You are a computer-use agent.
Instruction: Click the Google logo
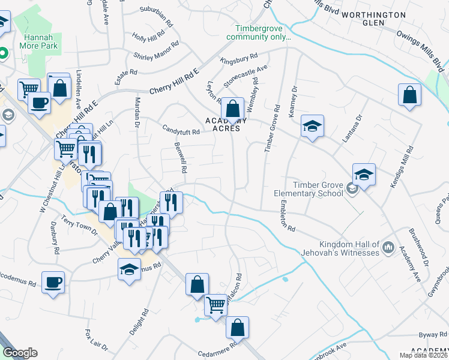coord(20,353)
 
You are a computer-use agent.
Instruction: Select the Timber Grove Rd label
coord(273,129)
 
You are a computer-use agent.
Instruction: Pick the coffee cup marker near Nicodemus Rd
coord(53,281)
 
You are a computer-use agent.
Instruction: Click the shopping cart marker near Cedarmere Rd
coord(215,304)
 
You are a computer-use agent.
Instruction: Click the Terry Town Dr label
coord(77,227)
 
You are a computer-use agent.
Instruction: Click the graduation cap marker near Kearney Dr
coord(312,126)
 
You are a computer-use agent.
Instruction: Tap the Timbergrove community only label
coord(259,32)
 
